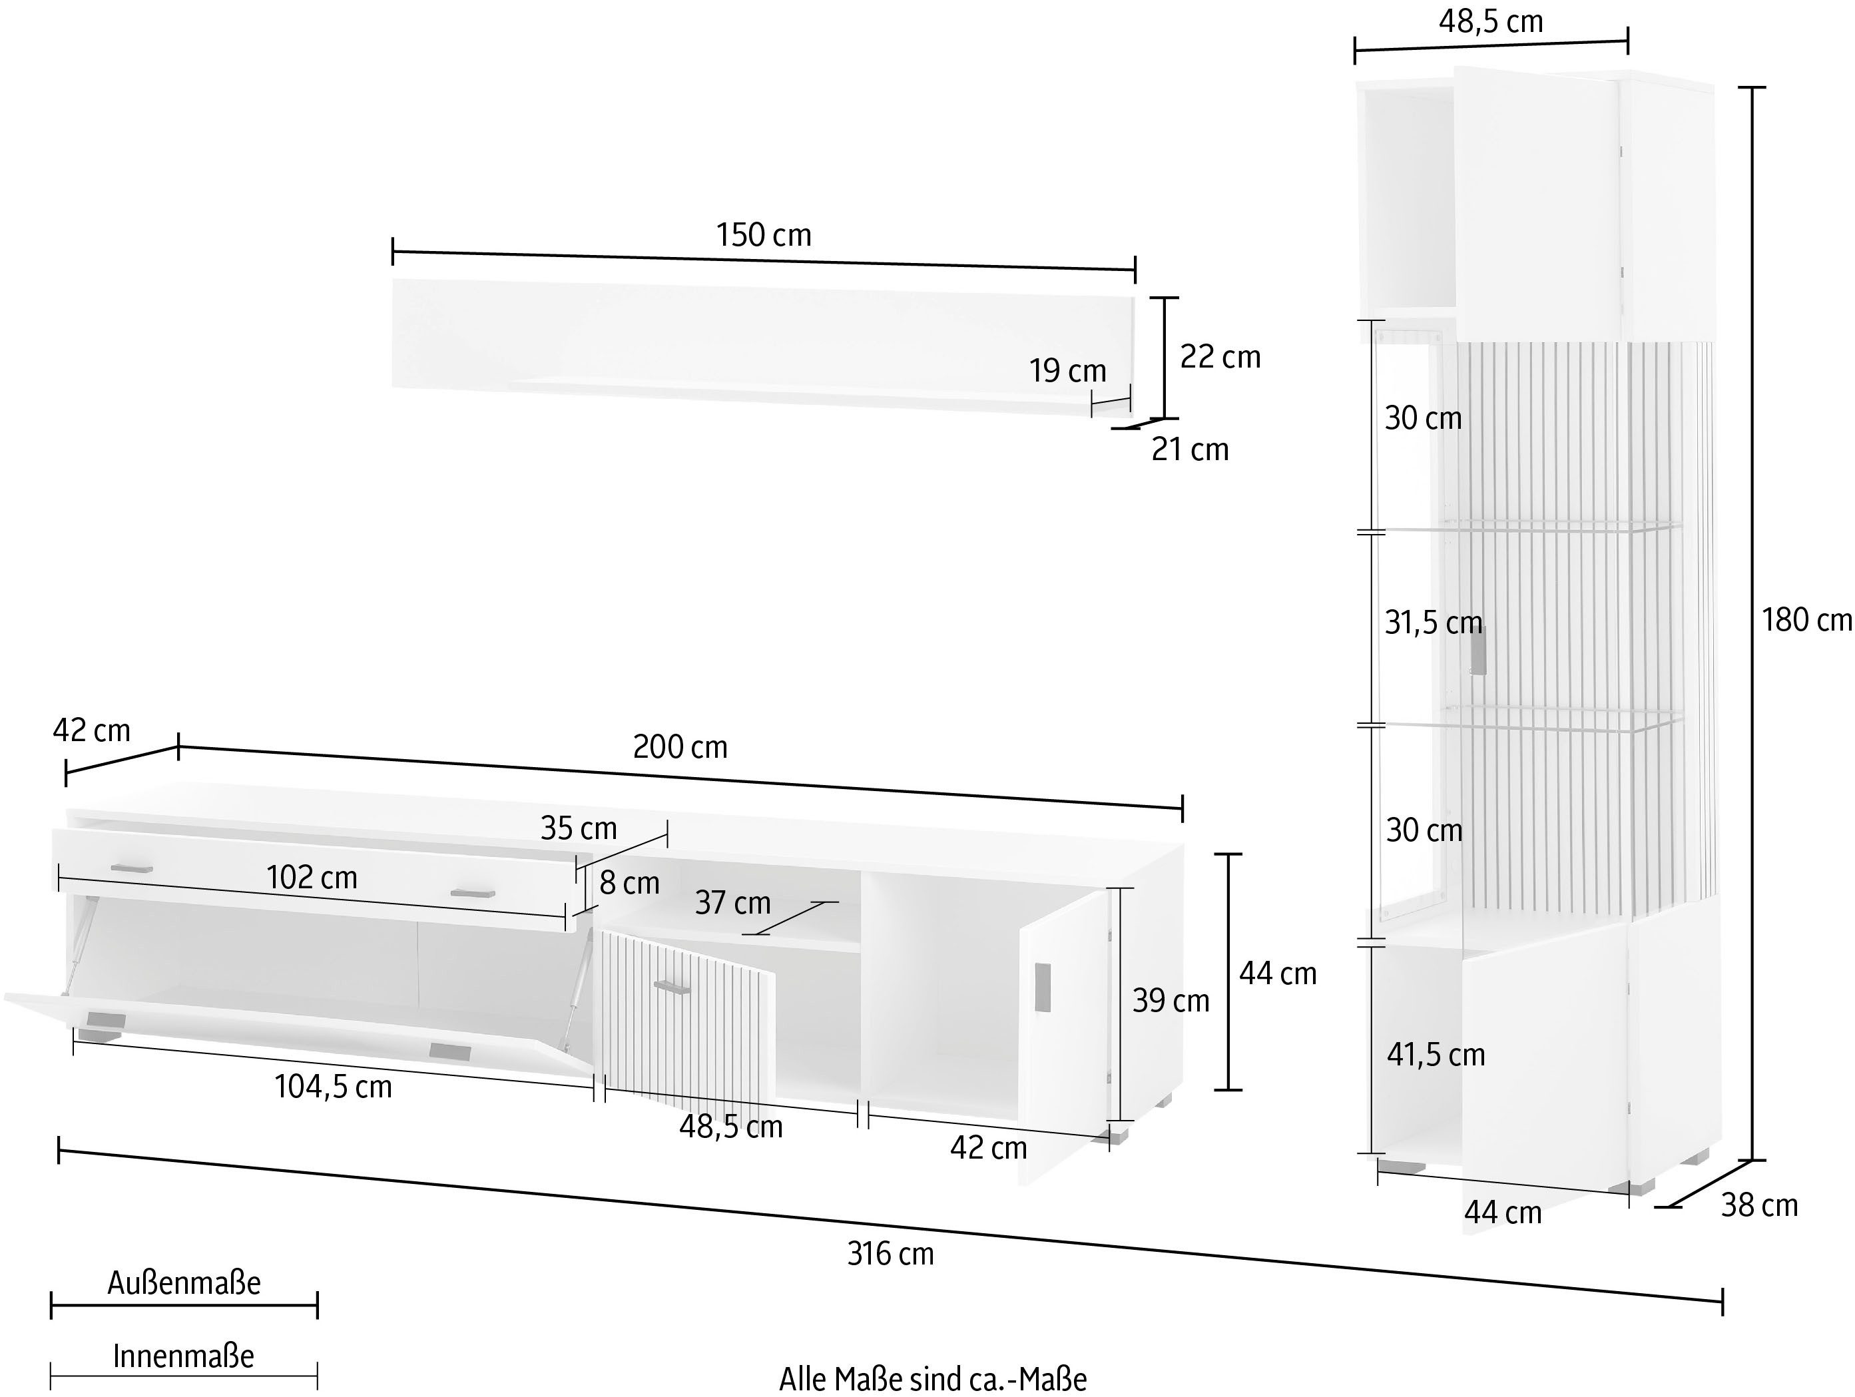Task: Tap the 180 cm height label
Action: pyautogui.click(x=1806, y=620)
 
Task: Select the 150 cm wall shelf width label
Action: pyautogui.click(x=763, y=235)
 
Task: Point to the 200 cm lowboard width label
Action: pyautogui.click(x=680, y=746)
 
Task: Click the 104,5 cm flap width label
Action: pyautogui.click(x=333, y=1087)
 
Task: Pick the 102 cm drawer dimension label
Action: pyautogui.click(x=312, y=877)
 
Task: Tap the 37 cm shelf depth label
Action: pyautogui.click(x=733, y=902)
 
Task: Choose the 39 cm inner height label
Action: pyautogui.click(x=1171, y=999)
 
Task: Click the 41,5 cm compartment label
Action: pyautogui.click(x=1436, y=1054)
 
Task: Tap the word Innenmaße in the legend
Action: pyautogui.click(x=184, y=1355)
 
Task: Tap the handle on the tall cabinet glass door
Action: pyautogui.click(x=1477, y=650)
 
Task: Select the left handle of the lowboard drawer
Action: pyautogui.click(x=132, y=868)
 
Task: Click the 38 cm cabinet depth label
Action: pyautogui.click(x=1759, y=1205)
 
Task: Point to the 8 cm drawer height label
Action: pyautogui.click(x=630, y=882)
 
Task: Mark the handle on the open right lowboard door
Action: pyautogui.click(x=1043, y=987)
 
